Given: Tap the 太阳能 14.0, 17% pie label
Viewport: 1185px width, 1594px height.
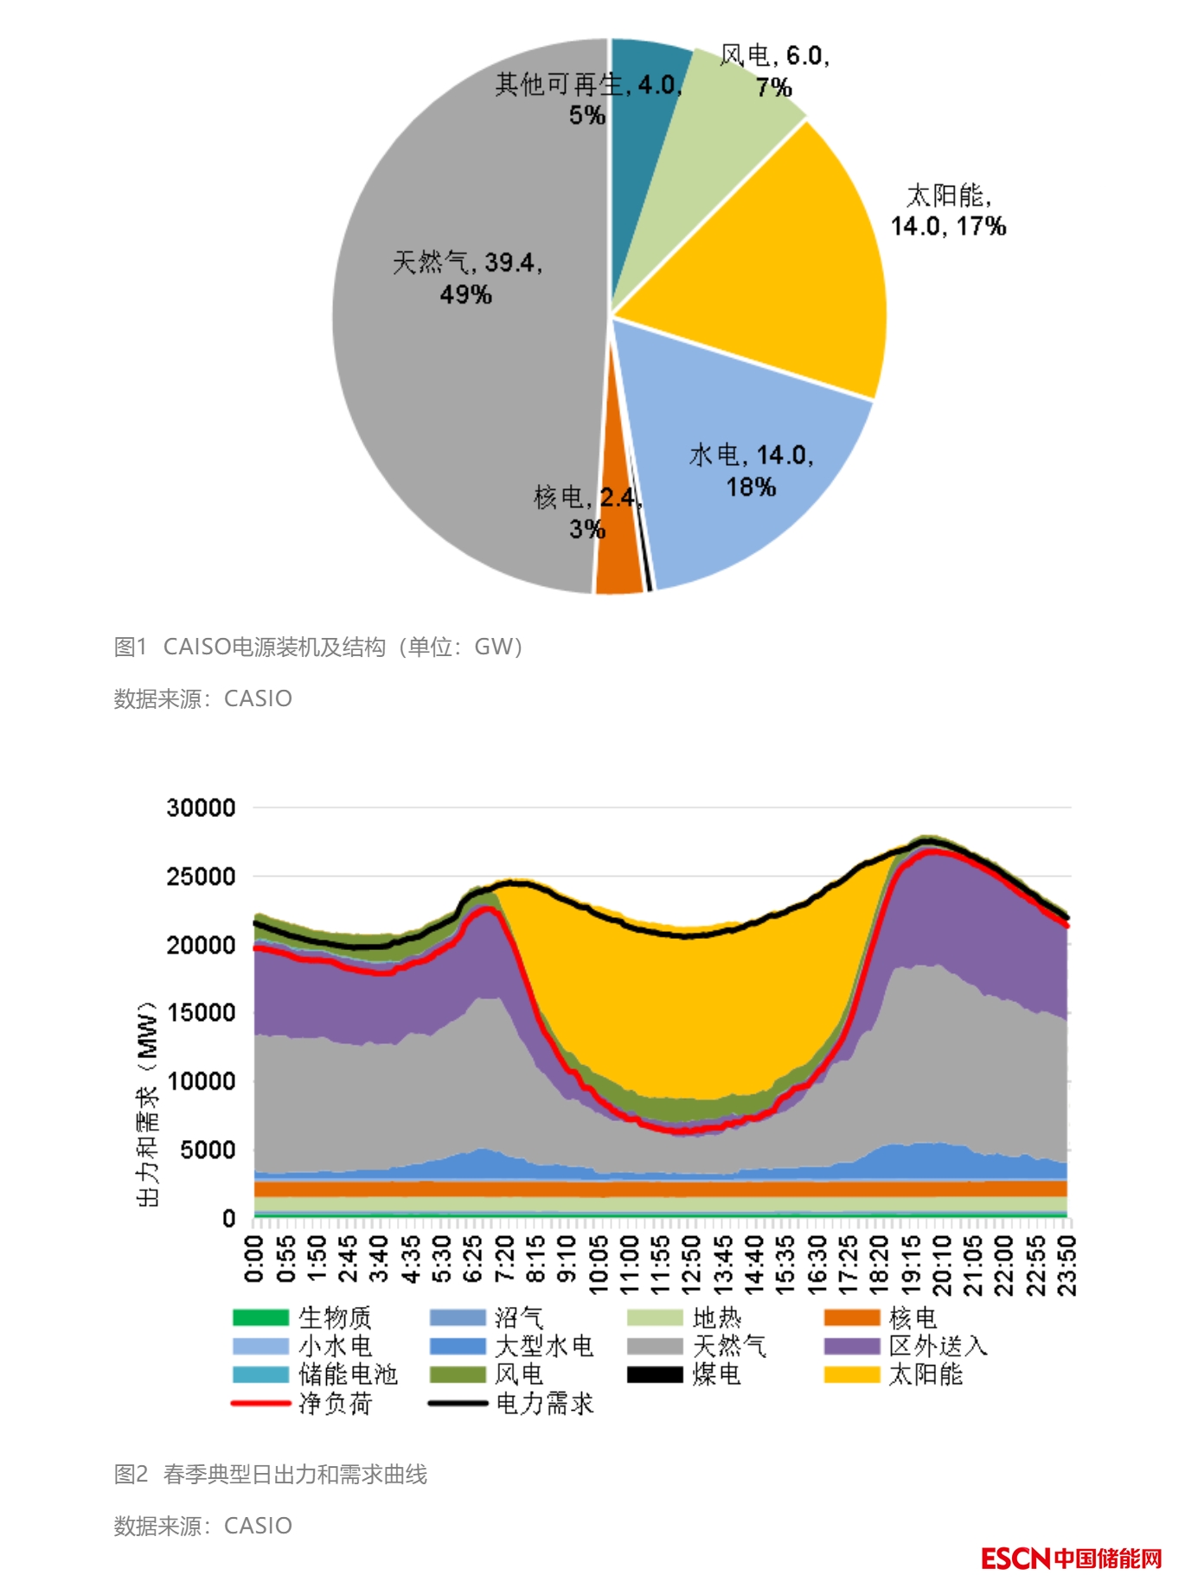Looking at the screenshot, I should point(948,211).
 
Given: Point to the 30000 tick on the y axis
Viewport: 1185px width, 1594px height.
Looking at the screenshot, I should point(201,808).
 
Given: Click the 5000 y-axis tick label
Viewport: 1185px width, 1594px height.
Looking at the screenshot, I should point(208,1151).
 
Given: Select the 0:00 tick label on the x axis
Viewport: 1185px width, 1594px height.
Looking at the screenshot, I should point(254,1259).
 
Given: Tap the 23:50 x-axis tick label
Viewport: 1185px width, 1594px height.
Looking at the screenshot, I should point(1068,1265).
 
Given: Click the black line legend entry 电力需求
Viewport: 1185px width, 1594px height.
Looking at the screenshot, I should point(510,1403).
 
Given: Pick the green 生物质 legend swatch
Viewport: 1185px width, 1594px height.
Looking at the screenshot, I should point(260,1317).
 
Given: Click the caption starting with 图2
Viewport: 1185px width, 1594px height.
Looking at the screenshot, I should point(270,1474).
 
